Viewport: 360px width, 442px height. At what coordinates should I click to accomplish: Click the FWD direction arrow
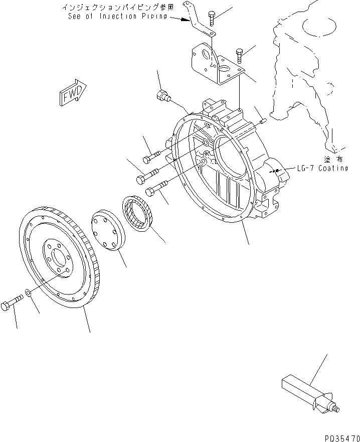pyautogui.click(x=73, y=93)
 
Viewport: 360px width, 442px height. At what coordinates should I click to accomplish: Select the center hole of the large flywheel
pyautogui.click(x=59, y=260)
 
